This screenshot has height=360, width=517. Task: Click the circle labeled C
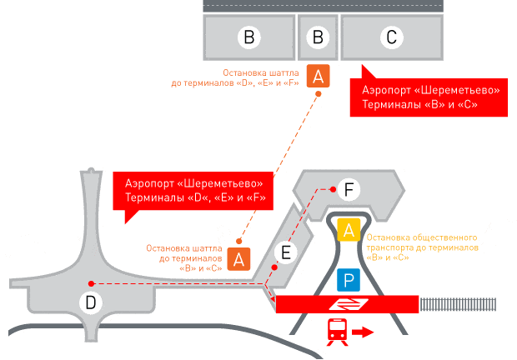click(x=391, y=37)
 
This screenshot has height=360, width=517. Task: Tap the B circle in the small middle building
click(x=317, y=37)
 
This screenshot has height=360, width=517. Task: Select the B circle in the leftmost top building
click(x=248, y=37)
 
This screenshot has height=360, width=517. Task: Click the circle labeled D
click(x=91, y=302)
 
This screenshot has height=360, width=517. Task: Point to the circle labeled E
click(x=284, y=252)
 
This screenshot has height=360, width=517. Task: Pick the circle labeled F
click(x=349, y=191)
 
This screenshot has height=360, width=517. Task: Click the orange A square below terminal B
click(x=318, y=77)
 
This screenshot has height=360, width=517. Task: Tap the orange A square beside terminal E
click(x=238, y=259)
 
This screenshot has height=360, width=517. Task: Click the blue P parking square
click(x=349, y=280)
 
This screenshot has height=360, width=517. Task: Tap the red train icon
click(x=337, y=331)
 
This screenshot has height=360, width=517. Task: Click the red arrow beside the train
click(x=363, y=332)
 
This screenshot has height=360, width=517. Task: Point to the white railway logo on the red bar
click(x=344, y=304)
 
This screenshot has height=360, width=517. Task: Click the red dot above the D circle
click(x=91, y=283)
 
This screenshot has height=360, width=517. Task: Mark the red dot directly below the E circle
click(x=284, y=267)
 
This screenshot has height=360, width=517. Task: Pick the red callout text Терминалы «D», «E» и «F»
click(x=194, y=197)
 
